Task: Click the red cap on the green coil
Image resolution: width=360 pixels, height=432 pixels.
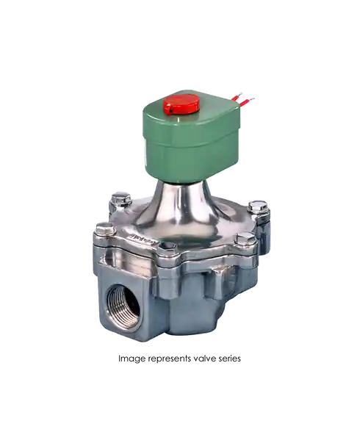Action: coord(181,104)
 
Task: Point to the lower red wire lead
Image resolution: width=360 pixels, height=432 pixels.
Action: coord(247,101)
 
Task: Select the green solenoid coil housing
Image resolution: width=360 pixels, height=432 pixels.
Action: coord(190,136)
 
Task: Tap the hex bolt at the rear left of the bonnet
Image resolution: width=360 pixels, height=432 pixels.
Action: coord(120,199)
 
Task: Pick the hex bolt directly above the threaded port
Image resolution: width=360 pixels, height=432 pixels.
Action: coord(105,230)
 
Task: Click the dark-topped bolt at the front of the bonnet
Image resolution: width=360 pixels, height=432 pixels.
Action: coord(168,249)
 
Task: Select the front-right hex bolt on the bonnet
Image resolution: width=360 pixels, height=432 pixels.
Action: coord(246,240)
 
